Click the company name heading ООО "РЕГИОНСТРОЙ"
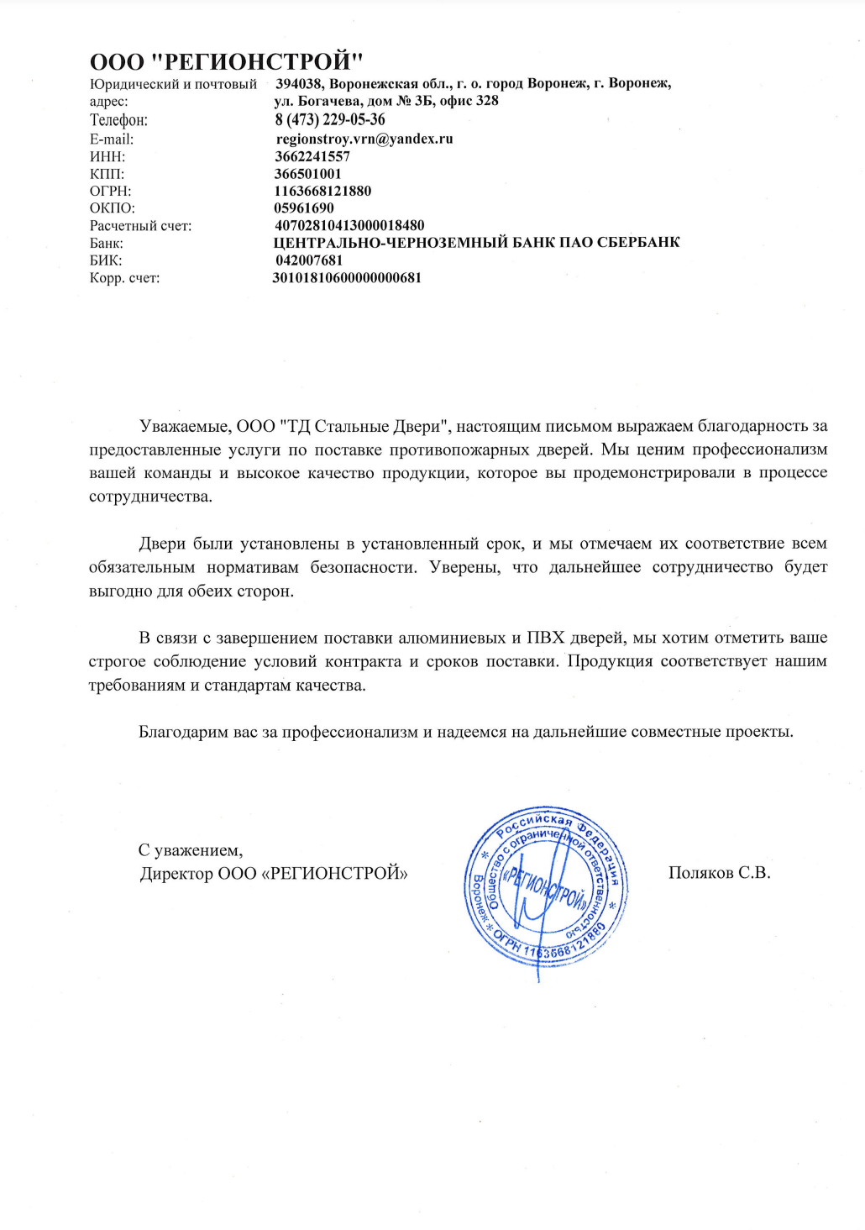point(226,61)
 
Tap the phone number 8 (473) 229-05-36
point(330,120)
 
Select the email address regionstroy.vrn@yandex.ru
point(364,139)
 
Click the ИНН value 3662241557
point(312,156)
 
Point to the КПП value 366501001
point(307,174)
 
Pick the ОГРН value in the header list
point(322,191)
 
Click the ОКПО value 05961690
point(303,208)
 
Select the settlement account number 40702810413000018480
point(349,225)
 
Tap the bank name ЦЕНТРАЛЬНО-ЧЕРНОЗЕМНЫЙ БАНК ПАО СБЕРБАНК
point(476,243)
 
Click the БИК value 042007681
point(309,260)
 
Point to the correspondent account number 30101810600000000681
point(347,277)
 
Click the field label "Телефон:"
point(118,120)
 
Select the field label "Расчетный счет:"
point(140,226)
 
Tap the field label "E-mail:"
point(112,139)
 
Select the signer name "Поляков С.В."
point(719,873)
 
